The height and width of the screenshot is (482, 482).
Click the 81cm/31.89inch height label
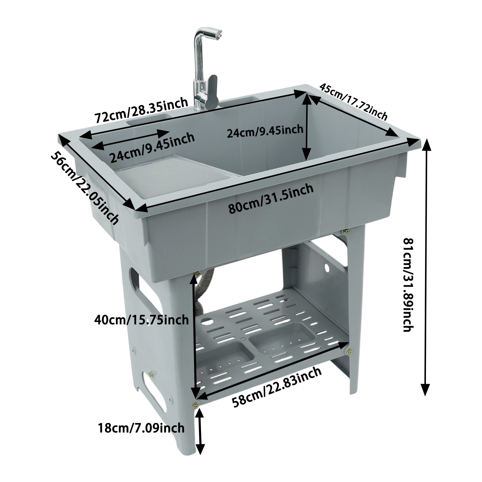(409, 284)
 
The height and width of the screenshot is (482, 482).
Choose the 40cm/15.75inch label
(141, 319)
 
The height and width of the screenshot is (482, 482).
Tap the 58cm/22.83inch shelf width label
(277, 386)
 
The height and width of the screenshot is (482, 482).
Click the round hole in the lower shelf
(207, 321)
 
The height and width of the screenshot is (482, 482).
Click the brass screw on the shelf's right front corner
(350, 351)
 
